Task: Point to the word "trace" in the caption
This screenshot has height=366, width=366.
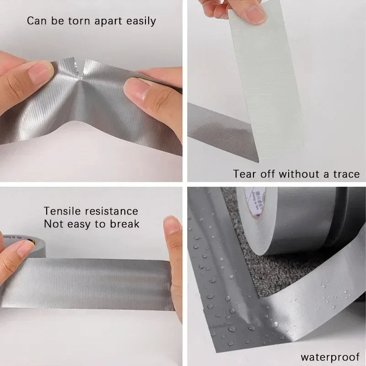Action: (344, 174)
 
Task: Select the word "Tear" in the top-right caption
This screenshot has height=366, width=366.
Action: (245, 174)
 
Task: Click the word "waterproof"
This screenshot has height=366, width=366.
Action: (330, 356)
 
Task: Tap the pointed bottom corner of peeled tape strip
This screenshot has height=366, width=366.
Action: (258, 161)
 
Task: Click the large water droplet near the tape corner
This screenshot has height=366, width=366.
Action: (275, 323)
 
